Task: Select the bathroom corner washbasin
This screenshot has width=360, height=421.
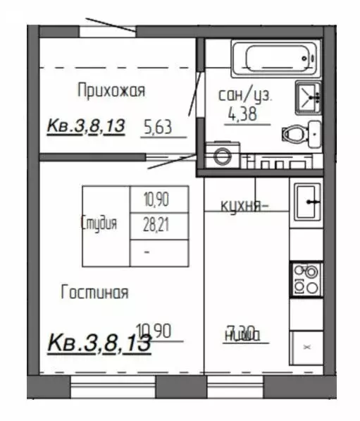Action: (309, 96)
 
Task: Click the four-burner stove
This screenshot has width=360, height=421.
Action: (306, 279)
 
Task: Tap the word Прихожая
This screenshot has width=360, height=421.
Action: (111, 90)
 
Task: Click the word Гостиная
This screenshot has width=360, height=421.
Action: (94, 292)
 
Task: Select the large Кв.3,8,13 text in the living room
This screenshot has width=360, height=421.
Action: (99, 344)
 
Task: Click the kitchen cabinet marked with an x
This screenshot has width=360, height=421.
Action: (306, 347)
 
